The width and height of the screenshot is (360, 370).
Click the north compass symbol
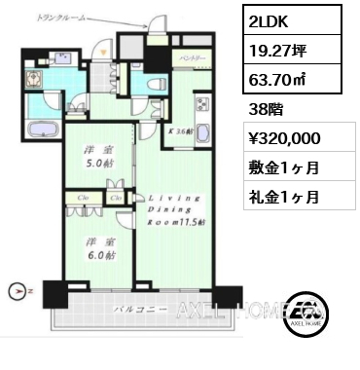15,289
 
